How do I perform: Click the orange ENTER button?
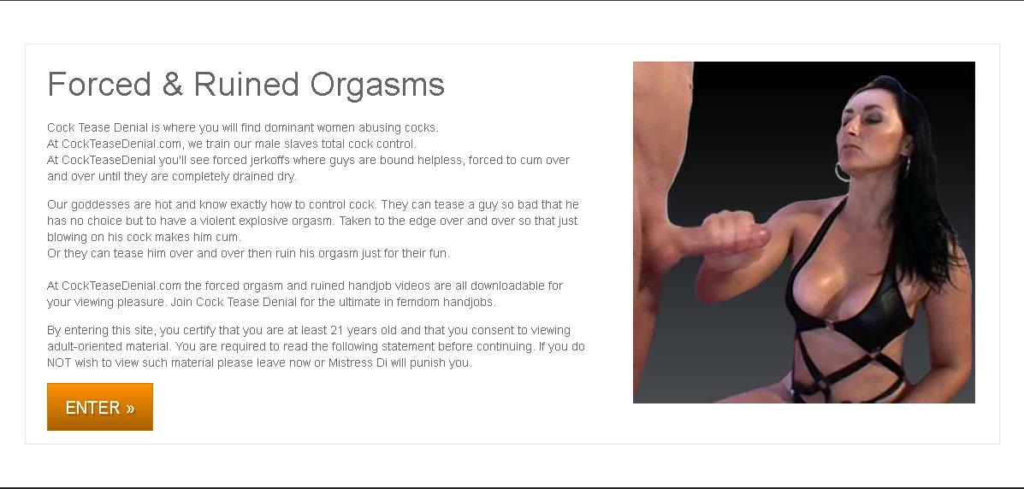pos(100,407)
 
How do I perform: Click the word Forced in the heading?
pos(99,85)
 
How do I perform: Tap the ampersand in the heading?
pos(173,85)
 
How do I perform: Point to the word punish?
pos(426,363)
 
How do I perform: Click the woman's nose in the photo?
pos(856,138)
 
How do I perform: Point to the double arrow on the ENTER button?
pos(130,409)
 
